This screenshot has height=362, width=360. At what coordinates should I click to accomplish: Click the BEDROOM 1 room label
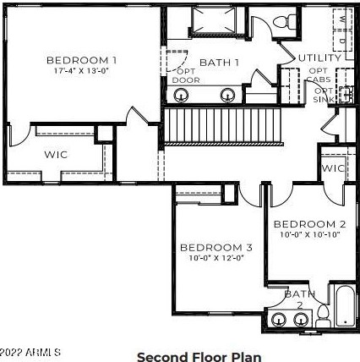(81, 60)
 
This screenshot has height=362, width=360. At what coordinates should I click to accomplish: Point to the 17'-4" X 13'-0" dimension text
(81, 71)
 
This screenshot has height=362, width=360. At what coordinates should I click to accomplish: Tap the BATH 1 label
(219, 63)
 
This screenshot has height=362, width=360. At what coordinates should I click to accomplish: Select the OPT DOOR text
(186, 75)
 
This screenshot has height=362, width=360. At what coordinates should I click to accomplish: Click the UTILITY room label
(320, 58)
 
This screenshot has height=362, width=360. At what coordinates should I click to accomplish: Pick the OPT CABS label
(319, 75)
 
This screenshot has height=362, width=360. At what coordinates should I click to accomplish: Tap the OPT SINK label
(325, 95)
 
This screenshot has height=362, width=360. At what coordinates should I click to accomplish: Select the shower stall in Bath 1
(211, 21)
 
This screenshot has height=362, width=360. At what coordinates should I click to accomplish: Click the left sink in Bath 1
(179, 95)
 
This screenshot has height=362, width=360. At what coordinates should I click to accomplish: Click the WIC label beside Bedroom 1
(56, 155)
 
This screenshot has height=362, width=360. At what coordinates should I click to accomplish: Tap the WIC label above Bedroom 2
(334, 168)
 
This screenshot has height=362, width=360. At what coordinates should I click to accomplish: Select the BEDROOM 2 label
(309, 224)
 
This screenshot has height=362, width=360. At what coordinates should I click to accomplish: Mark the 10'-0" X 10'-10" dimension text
(309, 235)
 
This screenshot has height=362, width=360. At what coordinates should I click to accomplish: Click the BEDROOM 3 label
(216, 248)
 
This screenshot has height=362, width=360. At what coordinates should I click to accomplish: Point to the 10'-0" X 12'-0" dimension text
(216, 258)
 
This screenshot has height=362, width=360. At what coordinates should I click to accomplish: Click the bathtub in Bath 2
(345, 306)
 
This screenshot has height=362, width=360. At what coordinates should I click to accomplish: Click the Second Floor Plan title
(199, 356)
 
